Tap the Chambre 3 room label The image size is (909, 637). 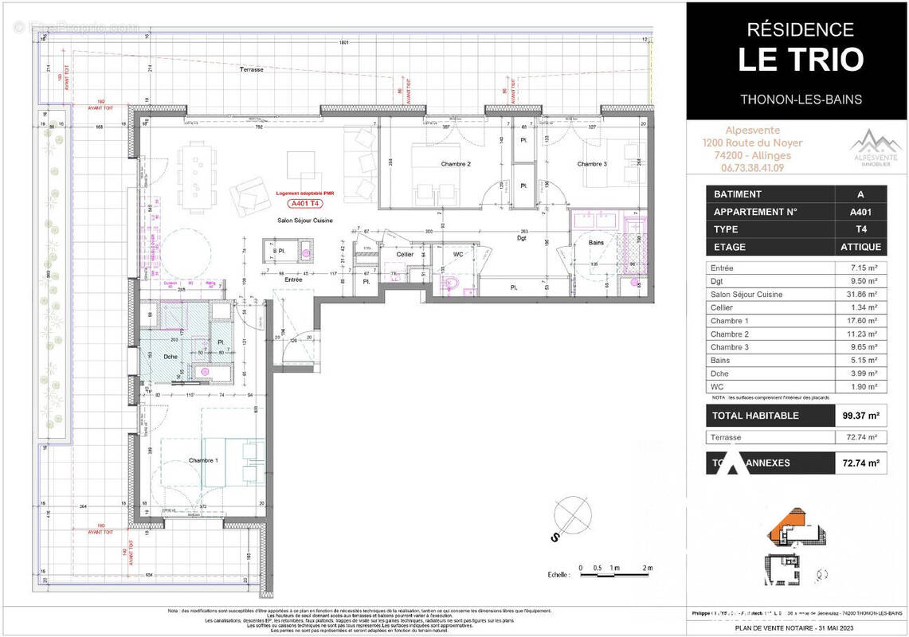[592, 164]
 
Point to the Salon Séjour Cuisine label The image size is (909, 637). [304, 221]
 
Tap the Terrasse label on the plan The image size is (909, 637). [251, 71]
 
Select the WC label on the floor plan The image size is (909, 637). [458, 254]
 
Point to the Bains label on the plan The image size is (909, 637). [596, 243]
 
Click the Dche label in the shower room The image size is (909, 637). [170, 357]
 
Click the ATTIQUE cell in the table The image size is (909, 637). [860, 247]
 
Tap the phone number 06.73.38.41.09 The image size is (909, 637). [751, 168]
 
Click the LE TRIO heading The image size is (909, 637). [800, 61]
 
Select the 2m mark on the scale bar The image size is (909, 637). [648, 568]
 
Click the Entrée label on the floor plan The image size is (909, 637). [293, 280]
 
